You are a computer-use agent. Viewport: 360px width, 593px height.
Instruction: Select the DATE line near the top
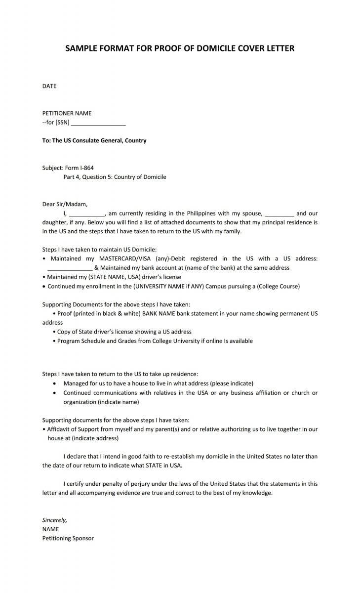49,86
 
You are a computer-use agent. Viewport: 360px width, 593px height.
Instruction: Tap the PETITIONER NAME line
67,113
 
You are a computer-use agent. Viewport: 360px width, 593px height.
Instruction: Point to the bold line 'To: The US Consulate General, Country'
94,140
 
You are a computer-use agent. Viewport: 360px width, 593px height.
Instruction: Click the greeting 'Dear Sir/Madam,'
65,204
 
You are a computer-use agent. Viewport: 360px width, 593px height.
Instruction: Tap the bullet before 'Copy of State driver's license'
54,332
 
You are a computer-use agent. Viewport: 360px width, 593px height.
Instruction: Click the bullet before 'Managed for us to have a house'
54,383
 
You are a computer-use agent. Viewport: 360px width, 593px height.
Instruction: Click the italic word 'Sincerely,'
54,520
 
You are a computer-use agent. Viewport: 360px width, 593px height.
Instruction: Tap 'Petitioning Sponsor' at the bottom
68,538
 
